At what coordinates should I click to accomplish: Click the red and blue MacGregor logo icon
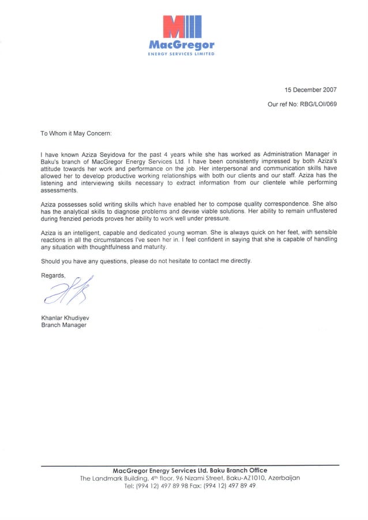[182, 27]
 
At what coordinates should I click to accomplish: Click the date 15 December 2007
[310, 90]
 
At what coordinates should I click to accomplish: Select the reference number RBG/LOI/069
[318, 105]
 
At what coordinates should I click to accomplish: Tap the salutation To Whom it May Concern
[76, 133]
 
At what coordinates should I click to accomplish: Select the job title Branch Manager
[63, 325]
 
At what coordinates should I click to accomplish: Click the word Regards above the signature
[53, 275]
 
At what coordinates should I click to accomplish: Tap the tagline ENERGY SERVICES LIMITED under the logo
[182, 54]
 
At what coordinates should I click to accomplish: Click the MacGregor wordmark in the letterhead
[182, 44]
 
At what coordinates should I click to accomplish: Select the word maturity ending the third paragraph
[153, 247]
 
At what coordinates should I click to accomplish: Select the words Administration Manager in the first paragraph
[296, 155]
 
